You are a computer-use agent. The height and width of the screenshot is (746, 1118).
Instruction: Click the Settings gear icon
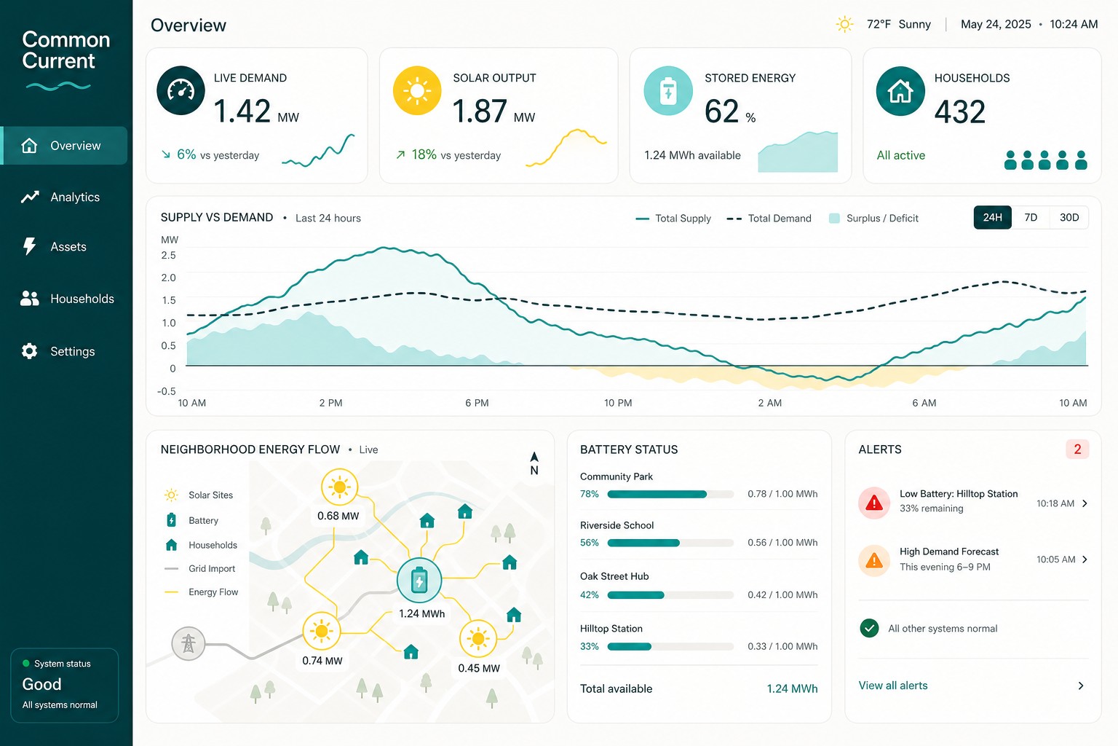29,350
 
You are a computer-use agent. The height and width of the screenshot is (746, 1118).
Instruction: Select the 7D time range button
1030,217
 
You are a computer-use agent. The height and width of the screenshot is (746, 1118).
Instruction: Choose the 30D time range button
1069,217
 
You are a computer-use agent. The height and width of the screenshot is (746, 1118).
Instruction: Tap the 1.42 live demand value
242,111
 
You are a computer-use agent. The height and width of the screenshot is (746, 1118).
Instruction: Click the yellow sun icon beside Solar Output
417,90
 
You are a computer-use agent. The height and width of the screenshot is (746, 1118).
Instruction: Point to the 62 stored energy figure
721,111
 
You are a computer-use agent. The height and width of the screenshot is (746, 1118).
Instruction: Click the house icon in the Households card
900,91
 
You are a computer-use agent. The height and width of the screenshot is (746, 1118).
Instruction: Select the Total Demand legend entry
769,219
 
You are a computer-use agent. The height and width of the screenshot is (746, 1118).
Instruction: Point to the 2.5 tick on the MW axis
168,255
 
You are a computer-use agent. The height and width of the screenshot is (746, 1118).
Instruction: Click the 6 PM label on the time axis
477,403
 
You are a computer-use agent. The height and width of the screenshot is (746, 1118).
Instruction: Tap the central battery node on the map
419,580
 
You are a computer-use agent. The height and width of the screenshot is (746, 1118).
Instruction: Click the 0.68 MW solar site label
338,516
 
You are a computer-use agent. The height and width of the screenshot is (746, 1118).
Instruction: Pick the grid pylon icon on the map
189,643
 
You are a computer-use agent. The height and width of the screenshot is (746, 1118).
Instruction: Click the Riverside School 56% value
589,543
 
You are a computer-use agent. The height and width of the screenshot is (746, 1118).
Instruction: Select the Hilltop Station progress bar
670,647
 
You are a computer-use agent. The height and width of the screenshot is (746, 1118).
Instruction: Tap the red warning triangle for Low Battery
874,503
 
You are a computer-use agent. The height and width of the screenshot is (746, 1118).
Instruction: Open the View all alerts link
893,686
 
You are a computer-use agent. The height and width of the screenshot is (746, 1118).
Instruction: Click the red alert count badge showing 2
1077,449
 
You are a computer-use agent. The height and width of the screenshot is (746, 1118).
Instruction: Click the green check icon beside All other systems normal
869,628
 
